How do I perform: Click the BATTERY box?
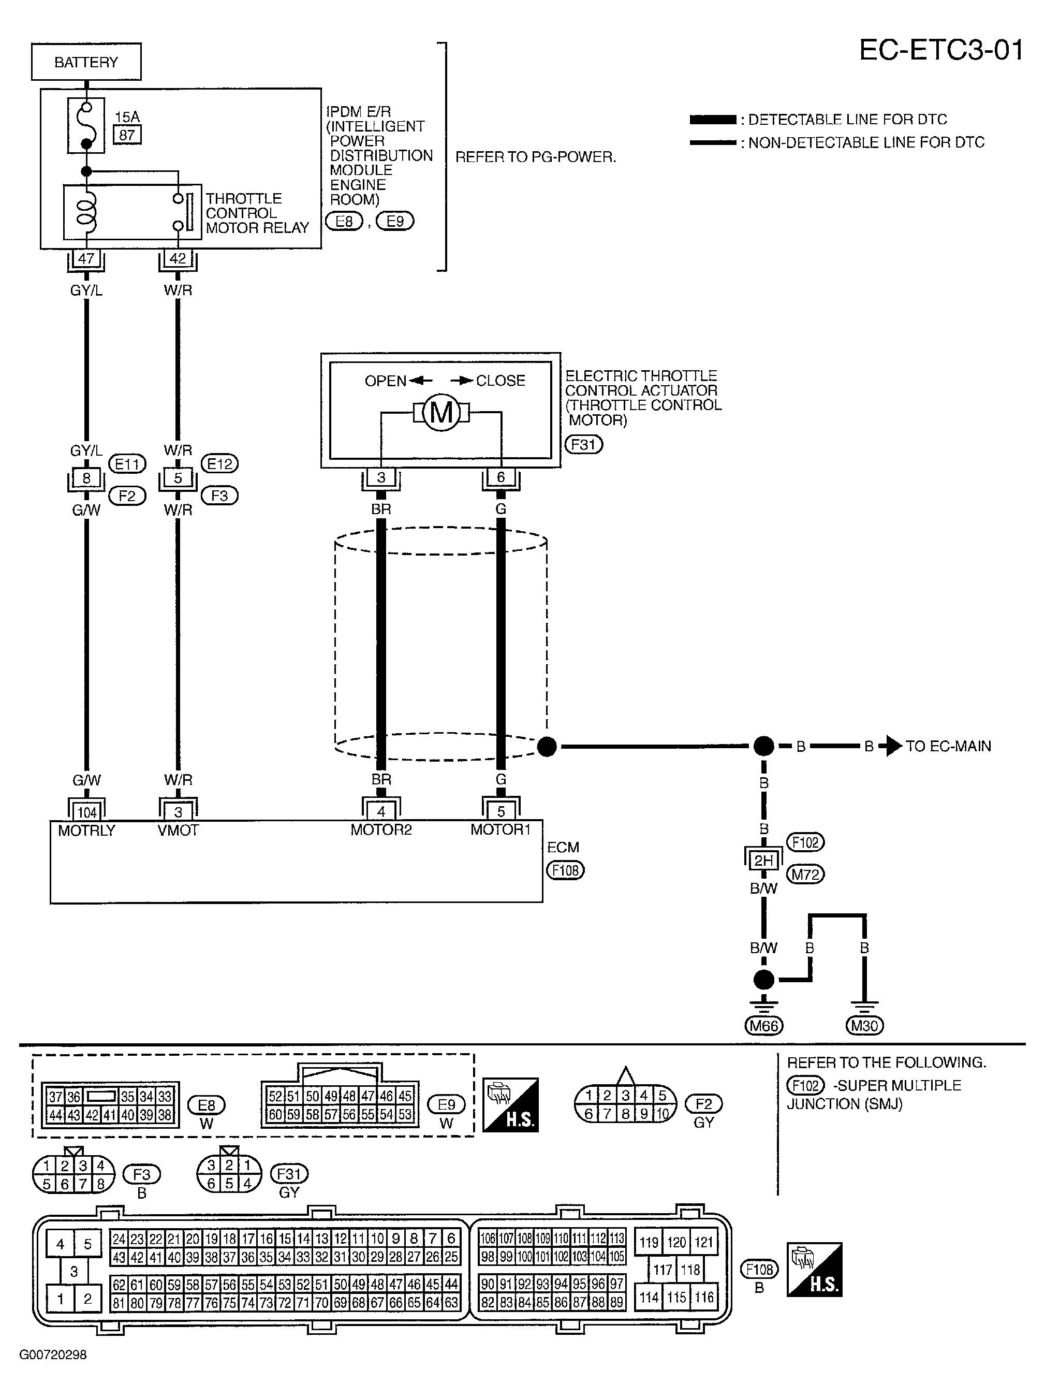[x=86, y=62]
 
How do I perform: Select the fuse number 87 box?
[x=127, y=135]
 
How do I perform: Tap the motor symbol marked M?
[x=441, y=413]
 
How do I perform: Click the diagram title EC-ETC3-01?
[x=941, y=50]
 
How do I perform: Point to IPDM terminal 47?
[x=86, y=258]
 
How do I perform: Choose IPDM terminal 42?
[x=178, y=258]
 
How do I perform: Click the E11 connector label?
[x=127, y=464]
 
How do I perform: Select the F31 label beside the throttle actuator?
[x=583, y=445]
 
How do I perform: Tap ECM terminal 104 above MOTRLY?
[x=86, y=812]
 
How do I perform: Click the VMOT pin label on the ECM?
[x=178, y=830]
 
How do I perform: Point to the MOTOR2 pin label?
[x=381, y=830]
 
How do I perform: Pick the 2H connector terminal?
[x=764, y=860]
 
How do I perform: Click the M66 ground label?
[x=764, y=1026]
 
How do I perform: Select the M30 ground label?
[x=864, y=1026]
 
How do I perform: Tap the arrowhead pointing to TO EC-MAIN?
[x=894, y=747]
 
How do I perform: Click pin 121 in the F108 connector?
[x=703, y=1242]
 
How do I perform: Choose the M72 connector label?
[x=805, y=875]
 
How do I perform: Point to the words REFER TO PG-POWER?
[x=536, y=157]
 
